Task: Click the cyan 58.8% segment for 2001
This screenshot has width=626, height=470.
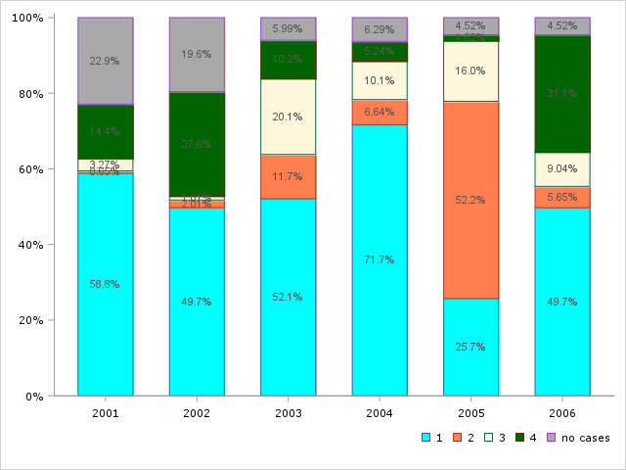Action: pyautogui.click(x=106, y=284)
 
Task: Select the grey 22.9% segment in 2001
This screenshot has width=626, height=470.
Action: pyautogui.click(x=106, y=61)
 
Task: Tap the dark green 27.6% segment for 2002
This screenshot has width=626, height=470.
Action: pyautogui.click(x=197, y=145)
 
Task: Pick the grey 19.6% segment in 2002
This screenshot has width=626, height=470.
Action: pyautogui.click(x=197, y=55)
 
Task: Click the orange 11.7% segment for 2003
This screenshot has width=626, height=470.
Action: pyautogui.click(x=289, y=176)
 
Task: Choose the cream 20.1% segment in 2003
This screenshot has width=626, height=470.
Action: pyautogui.click(x=289, y=117)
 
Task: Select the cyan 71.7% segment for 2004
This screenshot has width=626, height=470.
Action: pyautogui.click(x=380, y=260)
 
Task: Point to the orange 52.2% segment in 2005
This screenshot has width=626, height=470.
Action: pyautogui.click(x=470, y=200)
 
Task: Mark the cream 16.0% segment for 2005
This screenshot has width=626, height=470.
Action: pyautogui.click(x=470, y=71)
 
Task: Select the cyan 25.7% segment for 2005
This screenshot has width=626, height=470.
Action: pyautogui.click(x=470, y=347)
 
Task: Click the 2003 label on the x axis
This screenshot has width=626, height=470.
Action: pyautogui.click(x=289, y=414)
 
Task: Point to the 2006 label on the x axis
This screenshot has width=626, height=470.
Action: pyautogui.click(x=562, y=414)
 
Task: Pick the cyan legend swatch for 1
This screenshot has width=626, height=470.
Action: pyautogui.click(x=425, y=438)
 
